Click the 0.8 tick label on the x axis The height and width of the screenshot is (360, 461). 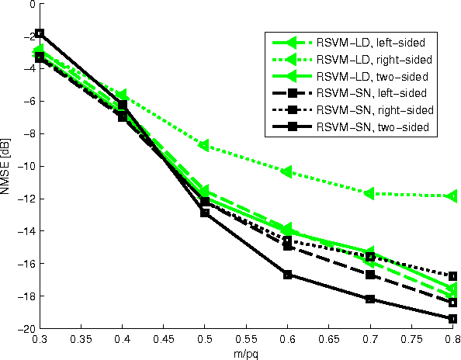(x=452, y=340)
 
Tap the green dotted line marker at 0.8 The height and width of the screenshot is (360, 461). (x=452, y=196)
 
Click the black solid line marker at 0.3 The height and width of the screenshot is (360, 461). (x=40, y=33)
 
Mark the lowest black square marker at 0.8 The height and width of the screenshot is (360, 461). (x=452, y=319)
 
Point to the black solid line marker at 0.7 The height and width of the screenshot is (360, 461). (x=370, y=299)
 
